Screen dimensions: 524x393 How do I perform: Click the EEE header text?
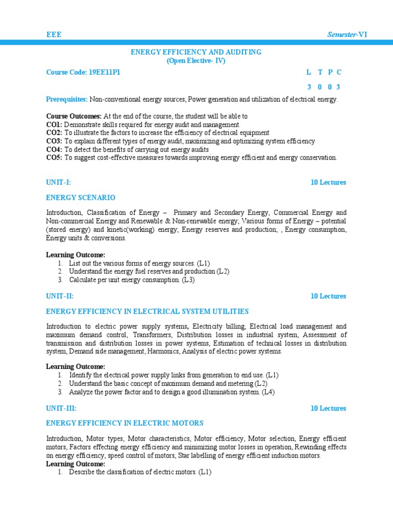coord(54,34)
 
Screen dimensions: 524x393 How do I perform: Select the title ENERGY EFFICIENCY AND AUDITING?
coord(196,52)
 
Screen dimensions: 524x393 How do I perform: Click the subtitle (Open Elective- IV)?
coord(196,60)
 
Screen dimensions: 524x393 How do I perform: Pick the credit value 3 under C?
coord(338,87)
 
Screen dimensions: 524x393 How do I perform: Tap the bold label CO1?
coord(54,124)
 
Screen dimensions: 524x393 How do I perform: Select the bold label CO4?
coord(54,149)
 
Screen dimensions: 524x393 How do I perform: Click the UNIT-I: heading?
coord(62,182)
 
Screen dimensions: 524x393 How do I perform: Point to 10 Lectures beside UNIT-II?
coord(328,296)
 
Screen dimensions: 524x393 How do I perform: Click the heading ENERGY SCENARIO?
coord(81,198)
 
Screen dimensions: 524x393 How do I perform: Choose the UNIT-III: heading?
coord(64,408)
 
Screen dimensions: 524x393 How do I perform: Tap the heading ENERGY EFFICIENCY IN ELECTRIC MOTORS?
coord(125,423)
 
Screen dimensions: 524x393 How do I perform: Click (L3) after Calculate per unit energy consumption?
coord(188,280)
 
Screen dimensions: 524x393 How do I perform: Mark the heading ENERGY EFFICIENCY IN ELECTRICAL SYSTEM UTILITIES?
coord(147,311)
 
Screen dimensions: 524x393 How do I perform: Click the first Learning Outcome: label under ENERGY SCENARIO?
coord(76,255)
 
